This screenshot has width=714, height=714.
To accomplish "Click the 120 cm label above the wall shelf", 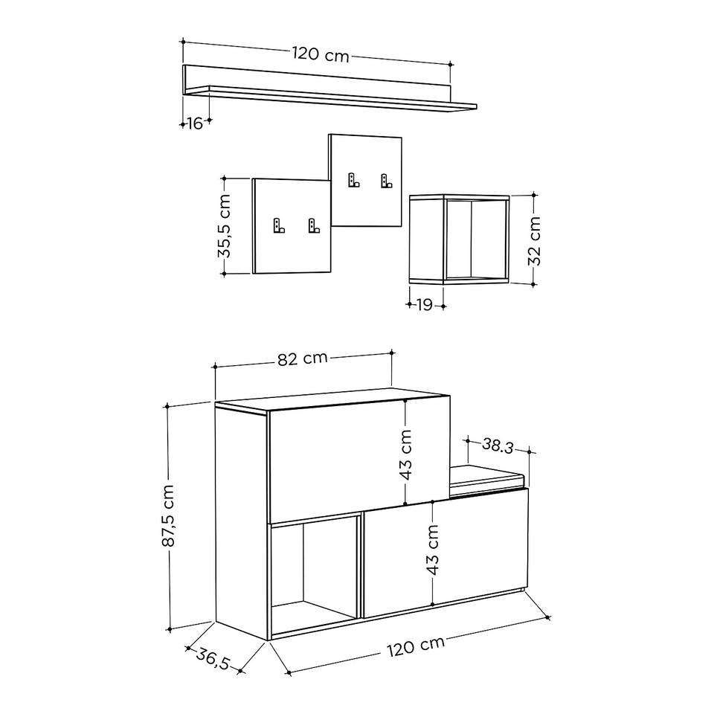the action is [x=321, y=54].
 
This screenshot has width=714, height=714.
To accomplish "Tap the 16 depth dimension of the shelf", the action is [x=194, y=123].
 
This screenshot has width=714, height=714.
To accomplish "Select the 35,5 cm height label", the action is [x=225, y=226].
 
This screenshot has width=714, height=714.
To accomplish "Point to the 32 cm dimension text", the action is [x=534, y=241].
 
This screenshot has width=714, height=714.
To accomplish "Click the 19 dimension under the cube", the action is [x=425, y=305].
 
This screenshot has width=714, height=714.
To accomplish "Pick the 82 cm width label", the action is [x=303, y=358].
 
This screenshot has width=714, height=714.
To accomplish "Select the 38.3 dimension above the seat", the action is [x=498, y=446].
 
